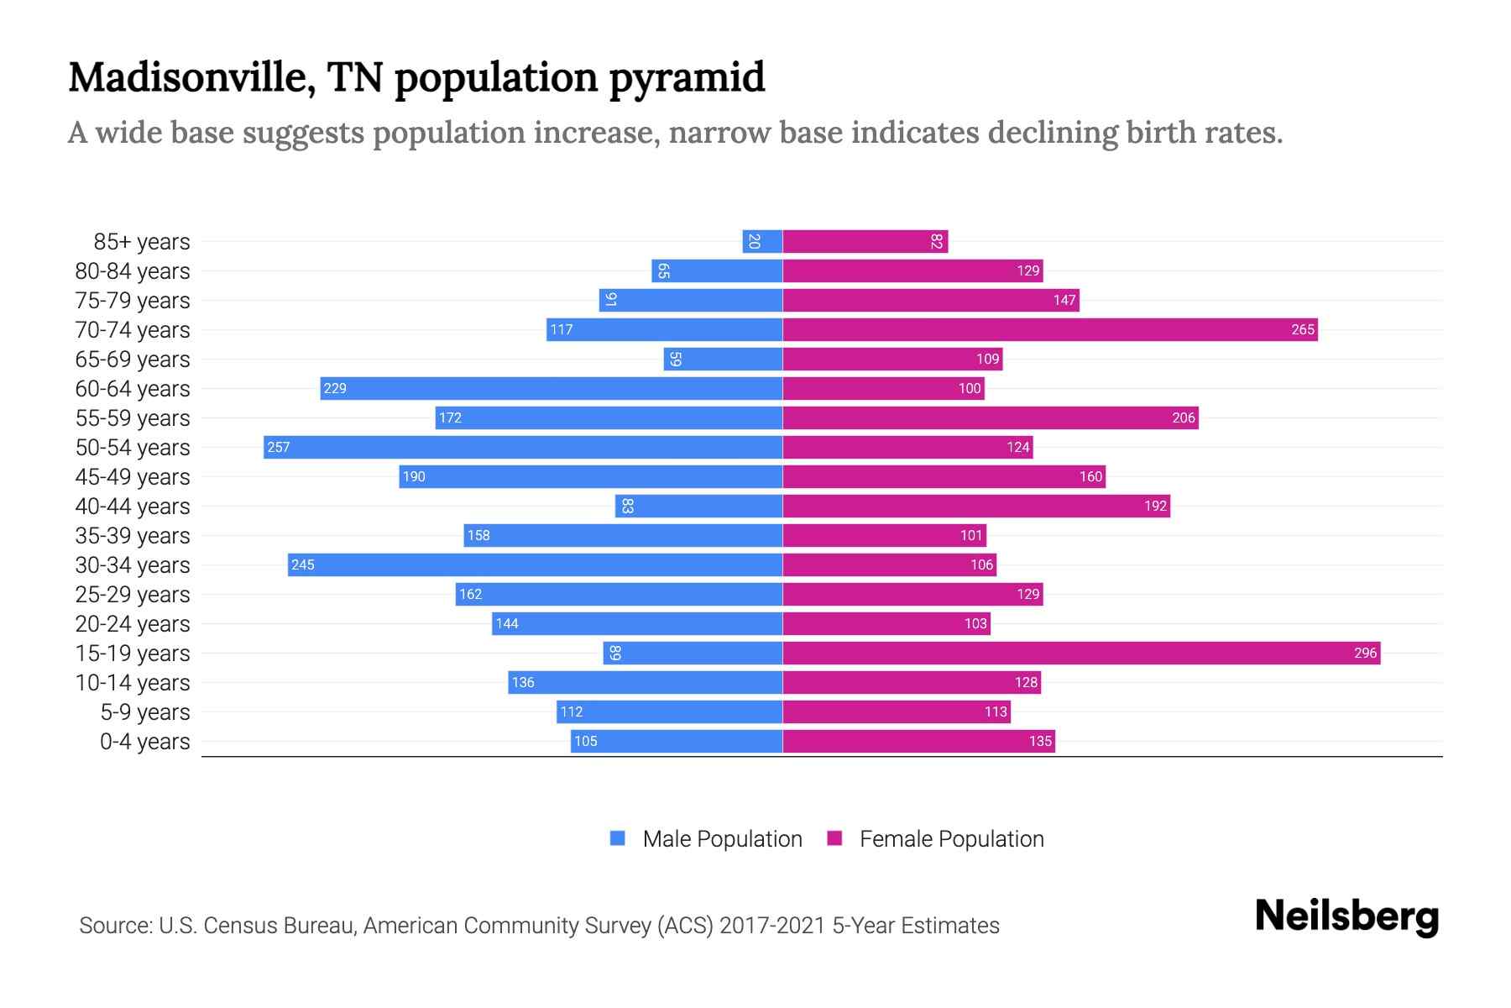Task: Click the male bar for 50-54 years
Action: (x=523, y=447)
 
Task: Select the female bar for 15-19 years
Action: (x=1081, y=653)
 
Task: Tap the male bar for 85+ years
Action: (x=762, y=241)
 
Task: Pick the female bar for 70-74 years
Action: (x=1050, y=329)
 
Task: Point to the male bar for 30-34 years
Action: (x=535, y=564)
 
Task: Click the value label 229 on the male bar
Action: (x=335, y=388)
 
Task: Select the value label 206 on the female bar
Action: (x=1183, y=417)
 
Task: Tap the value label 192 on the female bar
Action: (x=1155, y=506)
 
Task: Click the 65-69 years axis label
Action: (x=133, y=360)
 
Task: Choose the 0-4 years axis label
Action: (x=144, y=742)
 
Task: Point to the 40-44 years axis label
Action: (x=133, y=507)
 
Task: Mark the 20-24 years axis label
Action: (x=133, y=624)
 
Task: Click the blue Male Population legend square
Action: (x=618, y=838)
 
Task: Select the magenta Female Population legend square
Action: (x=834, y=838)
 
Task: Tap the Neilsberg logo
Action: (x=1346, y=916)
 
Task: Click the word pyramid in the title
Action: (x=686, y=78)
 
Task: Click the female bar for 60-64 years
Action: (x=883, y=388)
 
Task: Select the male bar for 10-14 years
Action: (x=645, y=682)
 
